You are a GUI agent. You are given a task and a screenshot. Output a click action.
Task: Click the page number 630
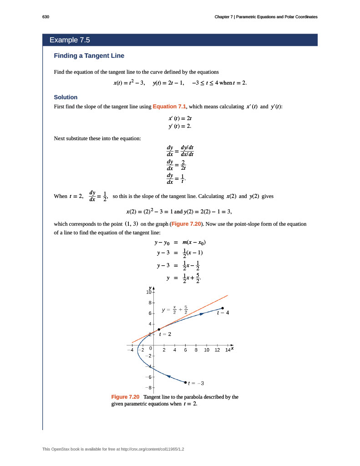point(45,17)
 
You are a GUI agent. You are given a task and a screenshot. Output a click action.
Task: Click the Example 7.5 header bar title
point(70,40)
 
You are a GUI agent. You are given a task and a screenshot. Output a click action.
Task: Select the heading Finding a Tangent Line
point(89,56)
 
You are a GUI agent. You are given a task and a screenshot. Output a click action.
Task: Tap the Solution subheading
point(66,97)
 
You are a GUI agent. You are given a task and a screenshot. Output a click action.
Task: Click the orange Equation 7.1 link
point(169,106)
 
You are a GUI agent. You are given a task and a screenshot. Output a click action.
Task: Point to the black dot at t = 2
point(159,329)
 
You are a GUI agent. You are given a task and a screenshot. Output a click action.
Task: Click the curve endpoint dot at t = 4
point(223,308)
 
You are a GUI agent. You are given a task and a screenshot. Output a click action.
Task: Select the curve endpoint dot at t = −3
point(185,382)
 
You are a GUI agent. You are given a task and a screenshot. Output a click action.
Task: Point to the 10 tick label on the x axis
point(206,349)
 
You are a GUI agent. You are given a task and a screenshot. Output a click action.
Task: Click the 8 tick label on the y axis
point(149,303)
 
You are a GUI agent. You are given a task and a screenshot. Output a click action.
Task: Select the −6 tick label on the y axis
point(147,377)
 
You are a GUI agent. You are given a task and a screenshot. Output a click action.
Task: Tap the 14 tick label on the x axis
point(228,349)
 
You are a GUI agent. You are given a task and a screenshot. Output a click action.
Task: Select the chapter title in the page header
point(266,17)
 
